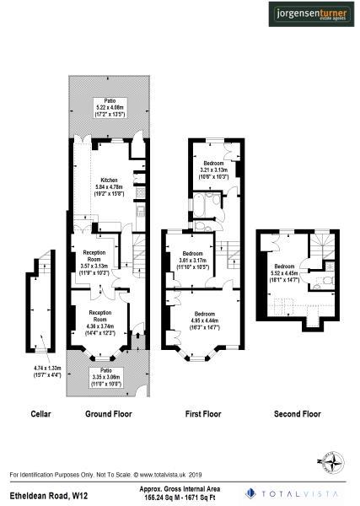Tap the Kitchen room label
point(109,186)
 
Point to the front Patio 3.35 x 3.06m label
point(106,375)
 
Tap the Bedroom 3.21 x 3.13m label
point(212,168)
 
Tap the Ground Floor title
point(109,414)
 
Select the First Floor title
point(202,414)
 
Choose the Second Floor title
point(298,414)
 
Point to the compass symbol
point(330,460)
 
